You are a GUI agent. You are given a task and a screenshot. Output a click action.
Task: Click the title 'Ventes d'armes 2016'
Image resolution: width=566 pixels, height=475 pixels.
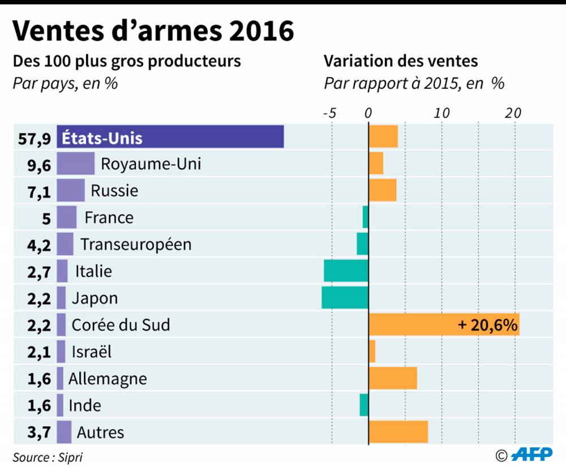153,31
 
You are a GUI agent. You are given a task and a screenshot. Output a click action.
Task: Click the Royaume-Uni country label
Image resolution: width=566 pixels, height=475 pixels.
151,164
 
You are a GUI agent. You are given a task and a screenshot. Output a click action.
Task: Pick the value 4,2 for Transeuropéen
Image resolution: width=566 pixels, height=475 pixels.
39,245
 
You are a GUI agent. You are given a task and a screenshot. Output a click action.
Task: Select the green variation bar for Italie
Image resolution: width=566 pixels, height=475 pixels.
346,271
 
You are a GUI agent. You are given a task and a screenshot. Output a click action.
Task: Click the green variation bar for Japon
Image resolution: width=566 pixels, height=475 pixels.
345,298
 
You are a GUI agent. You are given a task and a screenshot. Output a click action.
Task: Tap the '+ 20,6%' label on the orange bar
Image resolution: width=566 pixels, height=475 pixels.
487,325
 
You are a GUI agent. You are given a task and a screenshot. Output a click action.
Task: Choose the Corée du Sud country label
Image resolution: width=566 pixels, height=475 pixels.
121,325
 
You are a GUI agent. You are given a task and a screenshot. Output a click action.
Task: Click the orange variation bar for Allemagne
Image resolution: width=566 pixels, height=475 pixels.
393,378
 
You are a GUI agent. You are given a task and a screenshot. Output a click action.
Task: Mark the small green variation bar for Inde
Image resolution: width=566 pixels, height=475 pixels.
364,405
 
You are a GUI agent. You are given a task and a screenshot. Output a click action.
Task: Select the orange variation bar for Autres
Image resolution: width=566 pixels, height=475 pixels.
398,432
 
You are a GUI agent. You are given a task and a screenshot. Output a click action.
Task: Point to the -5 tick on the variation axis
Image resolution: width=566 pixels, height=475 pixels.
329,113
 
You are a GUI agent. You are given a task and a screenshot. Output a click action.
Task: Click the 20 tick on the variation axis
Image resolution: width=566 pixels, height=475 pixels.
513,113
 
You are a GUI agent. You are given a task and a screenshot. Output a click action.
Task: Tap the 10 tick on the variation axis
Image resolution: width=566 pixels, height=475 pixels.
441,113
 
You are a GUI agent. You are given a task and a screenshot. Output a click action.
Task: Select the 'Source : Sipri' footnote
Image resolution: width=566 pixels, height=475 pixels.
44,457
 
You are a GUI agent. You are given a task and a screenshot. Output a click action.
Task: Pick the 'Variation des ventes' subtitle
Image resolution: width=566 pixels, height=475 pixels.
401,61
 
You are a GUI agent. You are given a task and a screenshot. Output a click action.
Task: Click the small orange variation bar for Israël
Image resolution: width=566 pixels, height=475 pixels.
372,352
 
